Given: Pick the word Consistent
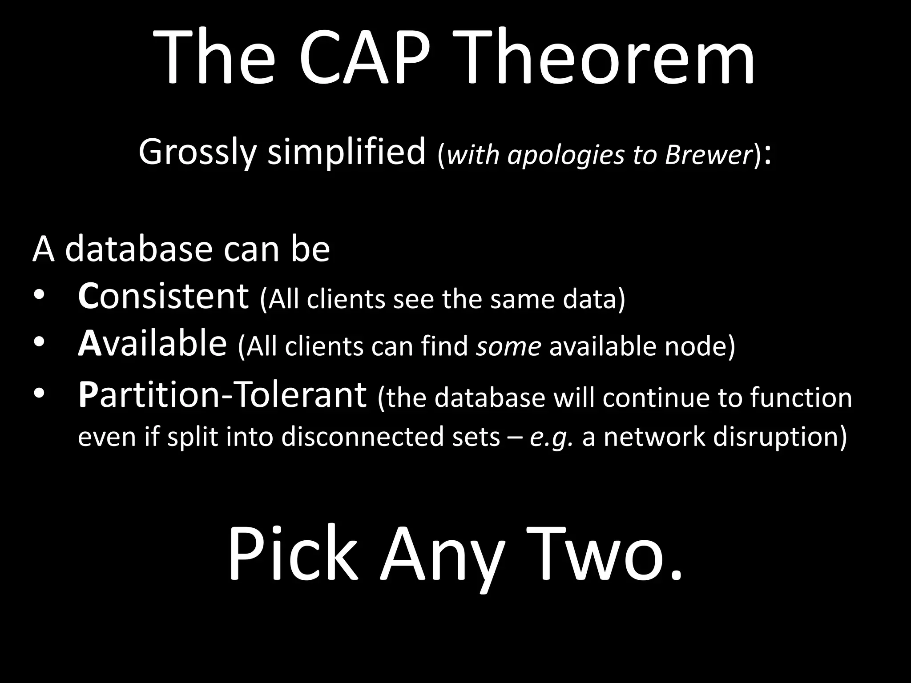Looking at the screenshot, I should (x=163, y=297).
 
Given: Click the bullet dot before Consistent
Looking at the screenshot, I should (x=39, y=297).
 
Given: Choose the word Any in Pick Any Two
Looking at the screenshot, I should (x=442, y=558).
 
